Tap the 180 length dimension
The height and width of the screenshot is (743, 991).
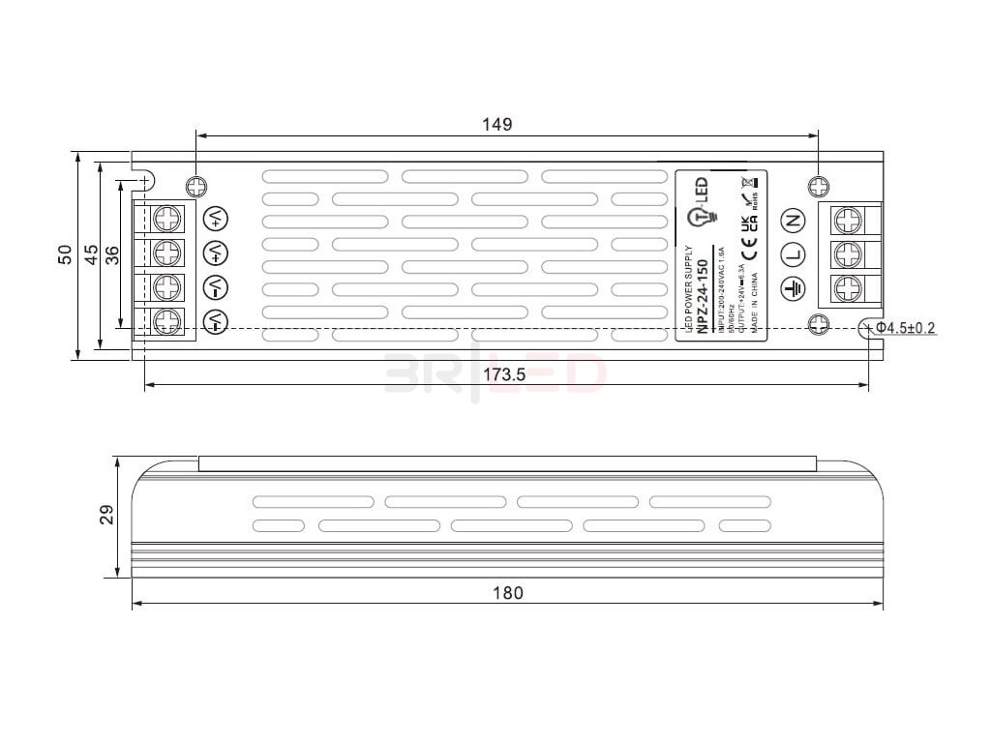coord(507,593)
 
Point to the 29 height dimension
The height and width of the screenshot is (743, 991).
coord(107,514)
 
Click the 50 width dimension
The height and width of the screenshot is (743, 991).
coord(64,254)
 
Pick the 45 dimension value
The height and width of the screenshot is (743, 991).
coord(89,254)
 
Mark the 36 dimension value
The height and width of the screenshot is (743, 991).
coord(111,254)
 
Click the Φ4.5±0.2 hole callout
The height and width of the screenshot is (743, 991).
coord(907,329)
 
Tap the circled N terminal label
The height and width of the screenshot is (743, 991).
coord(794,220)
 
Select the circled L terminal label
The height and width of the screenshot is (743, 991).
coord(794,253)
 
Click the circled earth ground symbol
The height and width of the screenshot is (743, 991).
coord(794,287)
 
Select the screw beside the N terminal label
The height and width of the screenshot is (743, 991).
coord(848,220)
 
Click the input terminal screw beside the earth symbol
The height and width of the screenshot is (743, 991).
coord(848,287)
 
